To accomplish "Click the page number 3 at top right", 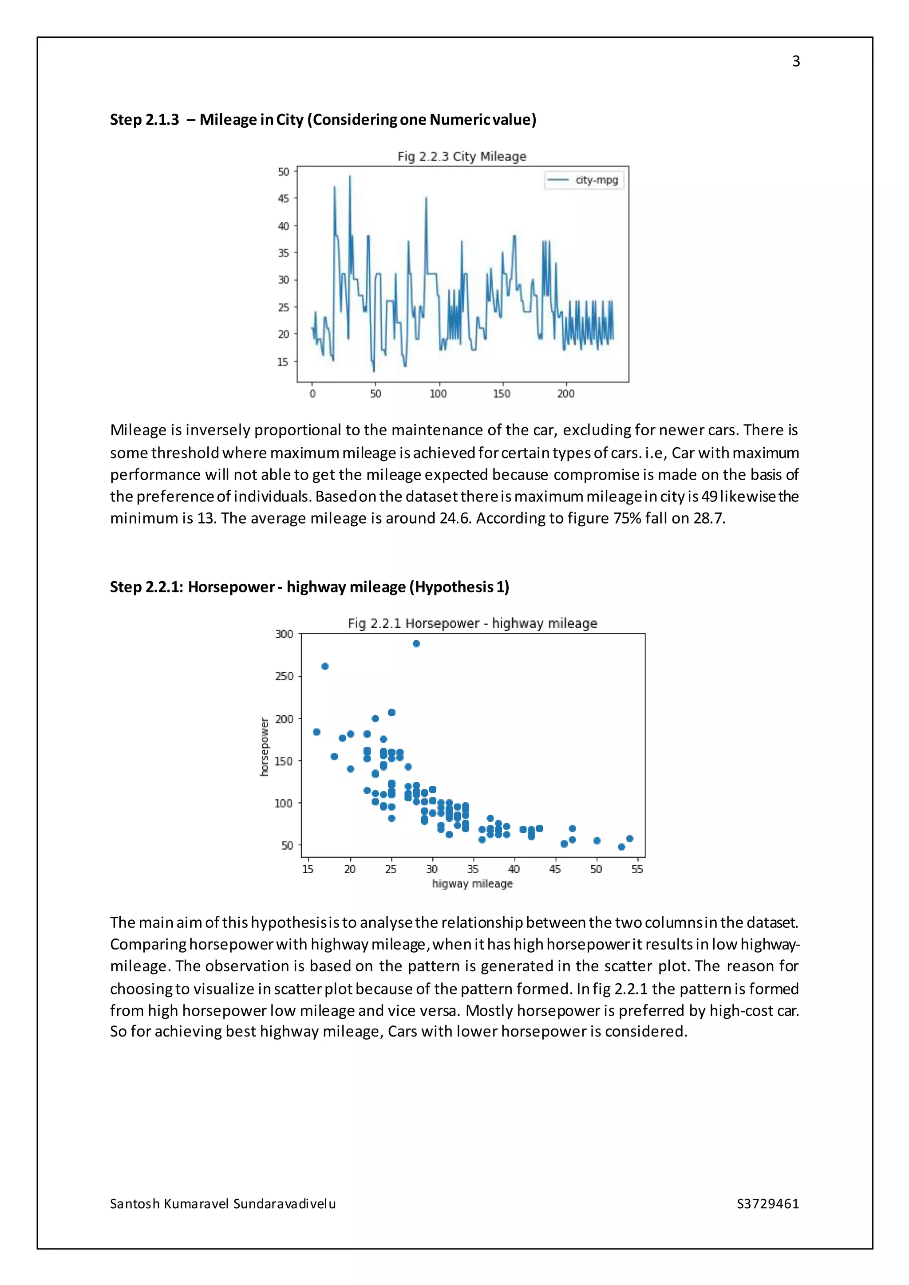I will click(x=795, y=62).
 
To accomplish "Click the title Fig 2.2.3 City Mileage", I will click(x=462, y=156).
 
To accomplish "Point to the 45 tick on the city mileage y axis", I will click(x=283, y=199).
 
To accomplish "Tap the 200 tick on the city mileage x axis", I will click(x=565, y=394).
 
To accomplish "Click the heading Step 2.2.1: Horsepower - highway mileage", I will click(x=309, y=587).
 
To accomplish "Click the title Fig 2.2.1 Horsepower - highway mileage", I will click(x=472, y=623).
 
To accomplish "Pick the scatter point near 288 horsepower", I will click(x=416, y=644).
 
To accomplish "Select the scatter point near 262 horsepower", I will click(x=324, y=666).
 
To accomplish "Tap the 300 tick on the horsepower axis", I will click(x=284, y=634).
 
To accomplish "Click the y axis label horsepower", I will click(x=264, y=747).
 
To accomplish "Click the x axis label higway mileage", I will click(x=472, y=884).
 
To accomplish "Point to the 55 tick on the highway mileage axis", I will click(x=637, y=869).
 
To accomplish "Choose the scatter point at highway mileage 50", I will click(x=597, y=841).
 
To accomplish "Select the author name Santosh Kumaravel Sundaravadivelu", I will click(x=223, y=1203).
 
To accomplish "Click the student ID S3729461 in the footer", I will click(x=767, y=1203).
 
